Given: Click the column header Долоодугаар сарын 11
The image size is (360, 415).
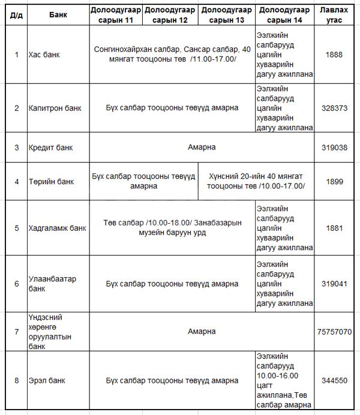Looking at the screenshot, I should pyautogui.click(x=116, y=15).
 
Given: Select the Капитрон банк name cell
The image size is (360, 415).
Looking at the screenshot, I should pyautogui.click(x=55, y=109).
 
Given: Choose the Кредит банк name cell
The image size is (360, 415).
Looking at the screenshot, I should pyautogui.click(x=49, y=147).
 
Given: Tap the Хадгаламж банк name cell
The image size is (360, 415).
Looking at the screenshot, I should pyautogui.click(x=57, y=228).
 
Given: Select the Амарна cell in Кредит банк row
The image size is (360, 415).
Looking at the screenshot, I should pyautogui.click(x=201, y=147).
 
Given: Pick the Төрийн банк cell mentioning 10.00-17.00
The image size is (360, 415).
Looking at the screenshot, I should pyautogui.click(x=256, y=181).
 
